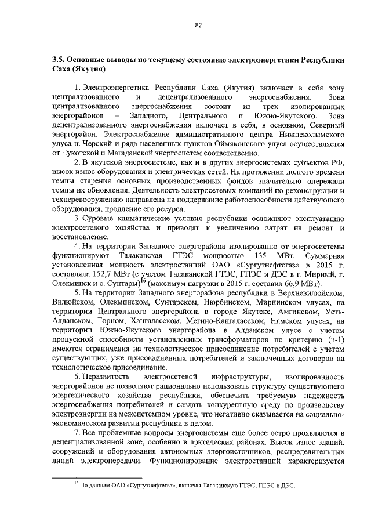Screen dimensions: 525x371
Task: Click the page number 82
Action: click(198, 26)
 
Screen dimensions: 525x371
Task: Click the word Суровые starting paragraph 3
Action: click(97, 234)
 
